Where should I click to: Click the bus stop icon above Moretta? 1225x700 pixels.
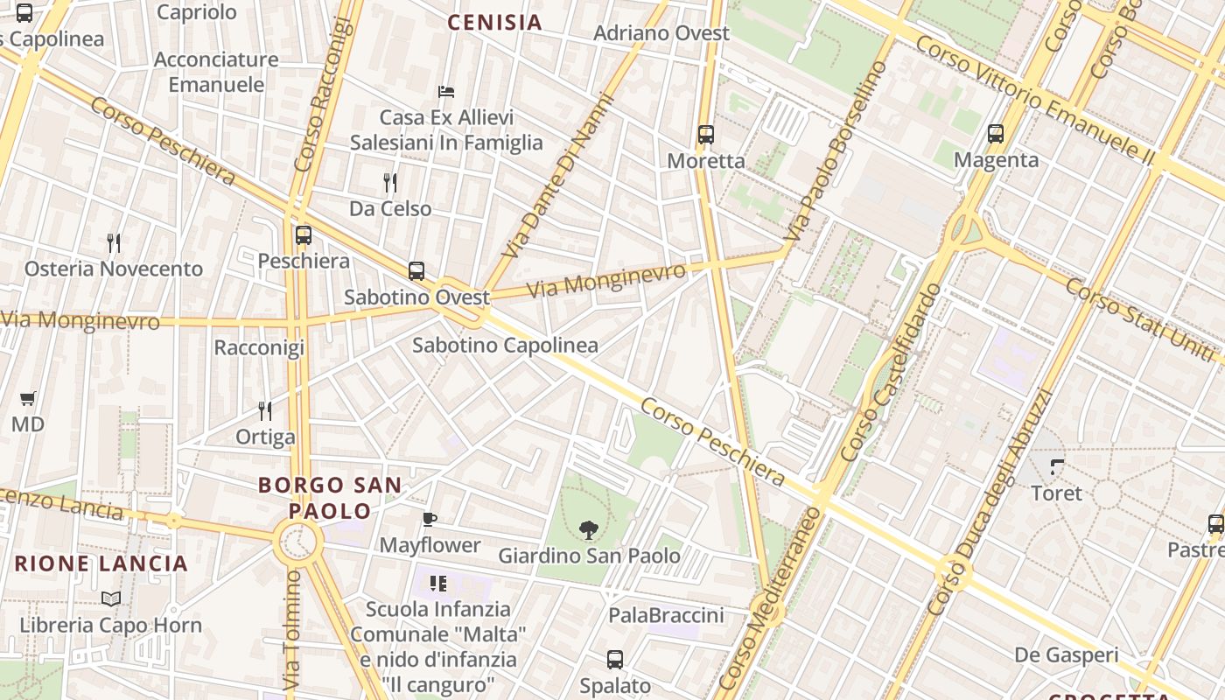(x=706, y=135)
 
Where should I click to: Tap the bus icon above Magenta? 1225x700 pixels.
(x=996, y=134)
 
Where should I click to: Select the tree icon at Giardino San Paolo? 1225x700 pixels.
(x=589, y=529)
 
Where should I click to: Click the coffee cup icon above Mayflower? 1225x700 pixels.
(x=430, y=519)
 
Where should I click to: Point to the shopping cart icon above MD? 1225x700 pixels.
(x=27, y=399)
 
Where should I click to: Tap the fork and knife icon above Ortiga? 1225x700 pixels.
(x=265, y=410)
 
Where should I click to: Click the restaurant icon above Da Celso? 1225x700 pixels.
(x=390, y=183)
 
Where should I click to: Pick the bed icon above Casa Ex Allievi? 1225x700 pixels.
(x=446, y=91)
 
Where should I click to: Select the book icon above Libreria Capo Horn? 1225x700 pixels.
(x=110, y=599)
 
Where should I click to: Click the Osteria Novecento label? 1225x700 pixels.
(x=114, y=269)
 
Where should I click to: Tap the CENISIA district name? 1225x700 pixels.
(x=495, y=23)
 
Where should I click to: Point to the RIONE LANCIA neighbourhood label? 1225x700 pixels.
(x=101, y=563)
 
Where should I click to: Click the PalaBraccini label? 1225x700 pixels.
(x=667, y=615)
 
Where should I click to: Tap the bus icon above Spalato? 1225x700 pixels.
(x=615, y=660)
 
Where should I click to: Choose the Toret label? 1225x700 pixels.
(x=1057, y=493)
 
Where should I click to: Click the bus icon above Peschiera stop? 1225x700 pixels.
(x=304, y=235)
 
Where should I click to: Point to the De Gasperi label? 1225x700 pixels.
(x=1067, y=654)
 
